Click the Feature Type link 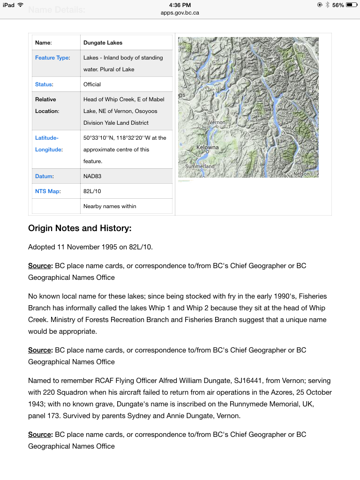coord(52,58)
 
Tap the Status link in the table coord(44,84)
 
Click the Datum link coord(44,176)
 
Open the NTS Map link coord(47,191)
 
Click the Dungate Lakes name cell coord(103,43)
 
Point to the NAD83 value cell coord(92,176)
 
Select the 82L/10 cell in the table coord(92,191)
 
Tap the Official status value coord(92,84)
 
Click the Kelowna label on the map coord(208,147)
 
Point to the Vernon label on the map coord(217,122)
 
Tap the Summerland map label coord(200,166)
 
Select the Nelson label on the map coord(301,174)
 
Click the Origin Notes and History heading coord(80,228)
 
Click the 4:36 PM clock coord(180,5)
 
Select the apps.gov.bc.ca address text coord(180,13)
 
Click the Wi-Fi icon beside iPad coord(20,5)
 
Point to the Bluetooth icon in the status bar coord(327,5)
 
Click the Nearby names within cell coord(110,206)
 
